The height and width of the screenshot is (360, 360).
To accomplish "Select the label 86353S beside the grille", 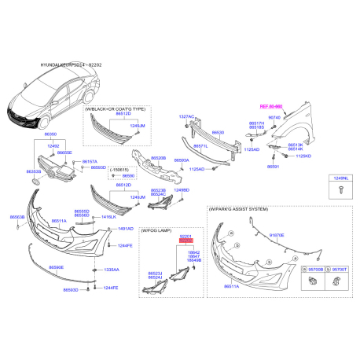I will coord(33,171).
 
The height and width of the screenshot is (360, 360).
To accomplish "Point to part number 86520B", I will coord(158,158).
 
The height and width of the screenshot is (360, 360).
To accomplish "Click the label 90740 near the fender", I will coord(274,117).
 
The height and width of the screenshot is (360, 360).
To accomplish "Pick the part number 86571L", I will coord(201,145).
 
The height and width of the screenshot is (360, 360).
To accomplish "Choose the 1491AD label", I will coord(126,228).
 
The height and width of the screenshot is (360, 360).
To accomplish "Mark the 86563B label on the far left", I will coord(17,216).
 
